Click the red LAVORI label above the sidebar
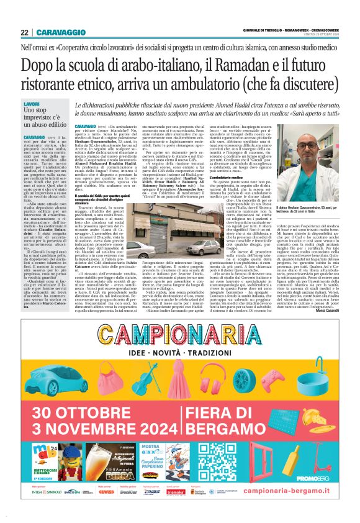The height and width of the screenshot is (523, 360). tap(32, 104)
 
